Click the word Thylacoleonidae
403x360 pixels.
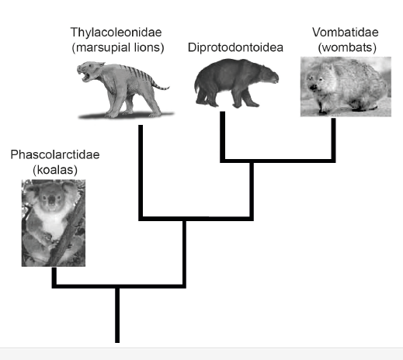116,33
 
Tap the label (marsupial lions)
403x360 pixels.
118,47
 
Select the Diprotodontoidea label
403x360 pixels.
235,47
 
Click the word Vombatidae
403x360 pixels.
346,33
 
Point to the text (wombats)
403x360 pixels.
347,47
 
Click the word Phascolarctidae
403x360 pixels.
55,154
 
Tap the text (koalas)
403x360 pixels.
55,170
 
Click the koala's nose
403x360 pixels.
52,199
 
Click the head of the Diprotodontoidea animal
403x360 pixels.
268,75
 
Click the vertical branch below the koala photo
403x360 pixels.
54,276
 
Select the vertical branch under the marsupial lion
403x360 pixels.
141,171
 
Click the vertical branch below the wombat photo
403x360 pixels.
333,139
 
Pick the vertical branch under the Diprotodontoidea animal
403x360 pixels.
222,136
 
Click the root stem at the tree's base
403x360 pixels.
117,315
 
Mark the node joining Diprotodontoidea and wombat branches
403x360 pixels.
252,161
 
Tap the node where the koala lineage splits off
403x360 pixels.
117,286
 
